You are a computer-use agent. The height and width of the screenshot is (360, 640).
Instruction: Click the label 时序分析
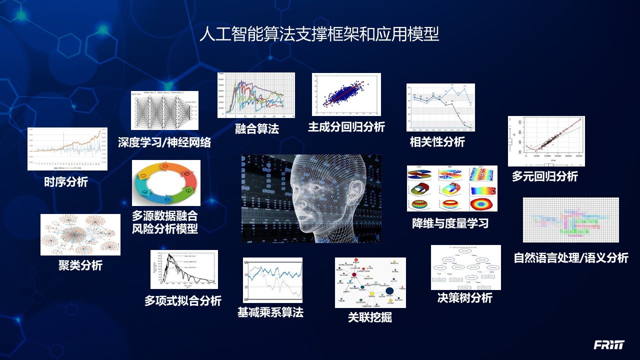tap(65, 182)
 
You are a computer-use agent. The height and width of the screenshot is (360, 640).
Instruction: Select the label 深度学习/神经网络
tap(164, 142)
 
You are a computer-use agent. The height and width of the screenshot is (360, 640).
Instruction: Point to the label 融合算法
tap(256, 129)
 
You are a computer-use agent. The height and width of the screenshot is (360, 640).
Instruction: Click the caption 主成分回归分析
tap(346, 127)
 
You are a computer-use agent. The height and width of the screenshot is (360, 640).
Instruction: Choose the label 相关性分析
tap(437, 142)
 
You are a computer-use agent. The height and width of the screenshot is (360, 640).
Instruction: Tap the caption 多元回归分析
tap(544, 176)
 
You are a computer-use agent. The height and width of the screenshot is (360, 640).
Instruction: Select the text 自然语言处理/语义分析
tap(570, 258)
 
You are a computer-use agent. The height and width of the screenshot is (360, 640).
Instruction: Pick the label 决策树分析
tap(464, 298)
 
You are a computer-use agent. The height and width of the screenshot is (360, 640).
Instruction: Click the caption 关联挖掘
tap(369, 317)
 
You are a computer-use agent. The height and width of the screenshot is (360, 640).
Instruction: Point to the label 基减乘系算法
tap(270, 312)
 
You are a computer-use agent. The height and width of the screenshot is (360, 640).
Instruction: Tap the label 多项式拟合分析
tap(182, 300)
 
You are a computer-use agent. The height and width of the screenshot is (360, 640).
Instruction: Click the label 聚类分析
tap(80, 265)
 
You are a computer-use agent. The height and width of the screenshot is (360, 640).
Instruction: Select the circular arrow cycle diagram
tap(166, 183)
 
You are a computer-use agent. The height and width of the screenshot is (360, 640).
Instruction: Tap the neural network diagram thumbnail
tap(164, 110)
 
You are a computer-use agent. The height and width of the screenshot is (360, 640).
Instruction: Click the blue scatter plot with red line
tap(346, 94)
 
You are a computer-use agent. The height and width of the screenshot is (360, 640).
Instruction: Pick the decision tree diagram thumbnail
tap(465, 267)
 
